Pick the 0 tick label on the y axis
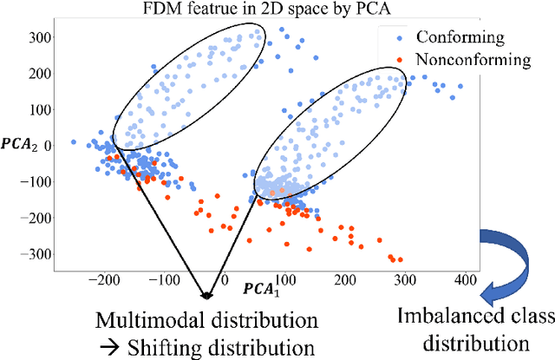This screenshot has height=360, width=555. coord(49,145)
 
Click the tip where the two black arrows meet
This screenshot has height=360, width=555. coord(206,297)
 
